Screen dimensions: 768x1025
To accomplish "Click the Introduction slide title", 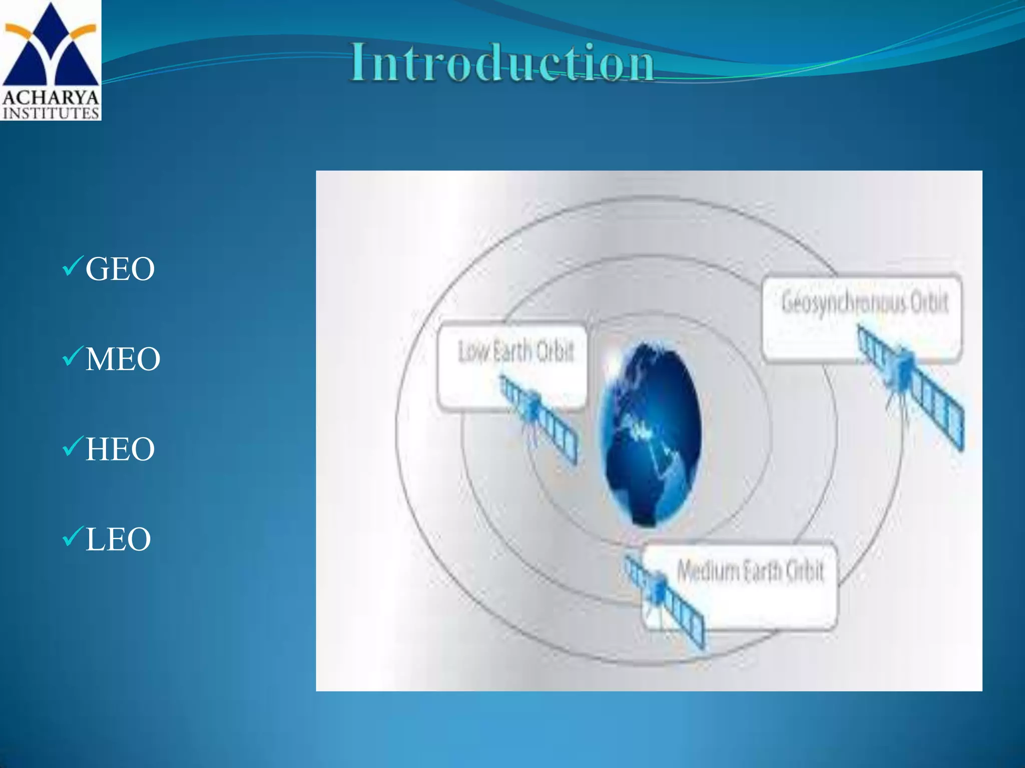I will tap(502, 63).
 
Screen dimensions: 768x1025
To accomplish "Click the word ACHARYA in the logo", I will tap(51, 97).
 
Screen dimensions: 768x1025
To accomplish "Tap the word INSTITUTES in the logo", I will tap(51, 113).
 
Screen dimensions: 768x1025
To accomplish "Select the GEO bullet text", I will tap(120, 269).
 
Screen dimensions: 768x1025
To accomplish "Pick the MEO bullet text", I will tap(123, 359).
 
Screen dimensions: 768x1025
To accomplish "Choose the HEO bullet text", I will tap(120, 449).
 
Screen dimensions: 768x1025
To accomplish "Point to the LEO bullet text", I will tap(118, 539).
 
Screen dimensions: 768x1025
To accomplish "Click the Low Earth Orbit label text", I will tap(516, 351).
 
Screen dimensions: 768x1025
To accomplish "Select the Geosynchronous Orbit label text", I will tap(864, 303).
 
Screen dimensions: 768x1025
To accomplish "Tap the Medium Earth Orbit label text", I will tap(750, 570).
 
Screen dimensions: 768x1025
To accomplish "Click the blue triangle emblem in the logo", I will tap(50, 47).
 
